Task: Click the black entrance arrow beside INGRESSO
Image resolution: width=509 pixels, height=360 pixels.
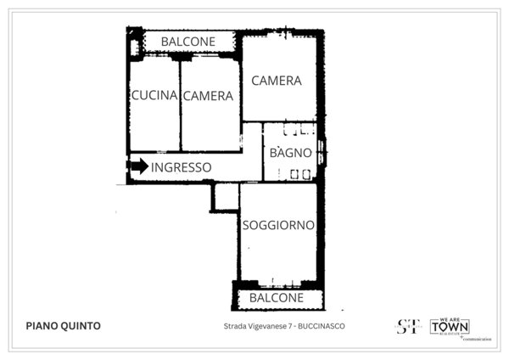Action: (x=137, y=166)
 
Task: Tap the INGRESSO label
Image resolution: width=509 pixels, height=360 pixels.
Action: (x=182, y=167)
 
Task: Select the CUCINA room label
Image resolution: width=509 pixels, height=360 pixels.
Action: (x=154, y=96)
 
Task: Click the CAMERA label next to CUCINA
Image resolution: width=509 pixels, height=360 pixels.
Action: (x=208, y=96)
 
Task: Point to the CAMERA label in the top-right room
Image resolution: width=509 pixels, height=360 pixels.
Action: (x=277, y=81)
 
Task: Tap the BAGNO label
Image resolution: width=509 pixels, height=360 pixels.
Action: (x=291, y=154)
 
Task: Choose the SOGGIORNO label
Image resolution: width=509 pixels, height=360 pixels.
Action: (x=279, y=226)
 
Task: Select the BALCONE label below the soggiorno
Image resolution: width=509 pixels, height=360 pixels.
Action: (x=277, y=298)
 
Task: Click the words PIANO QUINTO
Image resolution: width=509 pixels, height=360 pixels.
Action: (x=64, y=325)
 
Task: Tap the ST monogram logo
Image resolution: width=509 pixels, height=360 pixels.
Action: (x=407, y=326)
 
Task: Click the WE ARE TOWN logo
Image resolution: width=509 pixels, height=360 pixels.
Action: (x=450, y=325)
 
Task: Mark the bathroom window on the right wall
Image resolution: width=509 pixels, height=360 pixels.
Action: (x=323, y=155)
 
